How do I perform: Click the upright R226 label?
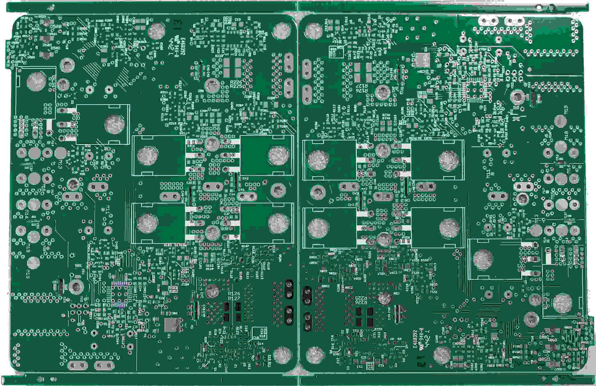(x=236, y=82)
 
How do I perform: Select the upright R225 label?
(x=236, y=86)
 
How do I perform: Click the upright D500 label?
(x=56, y=27)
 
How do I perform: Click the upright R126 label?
(x=234, y=293)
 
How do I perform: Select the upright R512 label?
(x=111, y=336)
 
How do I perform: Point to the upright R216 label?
(x=191, y=146)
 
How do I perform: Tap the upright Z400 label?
(x=103, y=240)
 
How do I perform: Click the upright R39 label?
(x=75, y=172)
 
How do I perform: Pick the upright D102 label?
(x=150, y=248)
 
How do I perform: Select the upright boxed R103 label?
(x=173, y=288)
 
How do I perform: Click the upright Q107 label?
(x=245, y=246)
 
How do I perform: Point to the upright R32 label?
(x=88, y=146)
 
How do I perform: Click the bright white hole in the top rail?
(x=538, y=8)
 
